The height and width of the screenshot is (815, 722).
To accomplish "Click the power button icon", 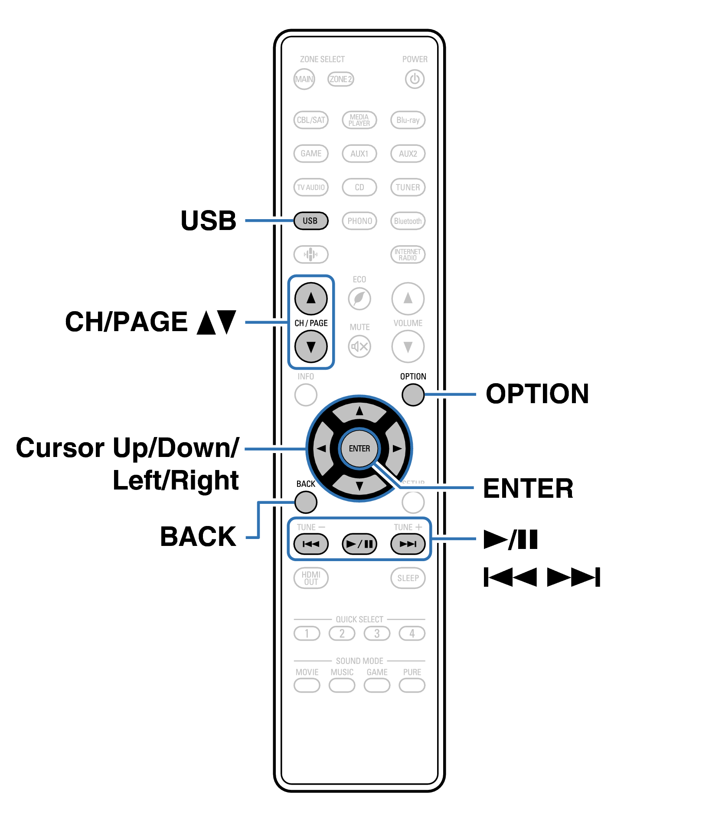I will pyautogui.click(x=414, y=79).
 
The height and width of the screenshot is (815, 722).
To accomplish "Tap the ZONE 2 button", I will pyautogui.click(x=340, y=79).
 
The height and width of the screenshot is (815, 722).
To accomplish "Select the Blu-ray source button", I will pyautogui.click(x=408, y=120).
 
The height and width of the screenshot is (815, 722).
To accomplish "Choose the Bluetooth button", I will pyautogui.click(x=408, y=221).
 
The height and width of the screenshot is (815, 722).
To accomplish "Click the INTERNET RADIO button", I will pyautogui.click(x=408, y=255).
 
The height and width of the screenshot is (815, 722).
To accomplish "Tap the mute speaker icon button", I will pyautogui.click(x=359, y=346).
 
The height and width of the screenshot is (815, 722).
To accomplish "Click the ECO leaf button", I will pyautogui.click(x=359, y=299).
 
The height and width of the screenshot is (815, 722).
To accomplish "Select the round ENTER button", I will pyautogui.click(x=359, y=448).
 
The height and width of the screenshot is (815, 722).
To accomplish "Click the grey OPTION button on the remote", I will pyautogui.click(x=413, y=395).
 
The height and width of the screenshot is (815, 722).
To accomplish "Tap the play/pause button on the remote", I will pyautogui.click(x=359, y=544).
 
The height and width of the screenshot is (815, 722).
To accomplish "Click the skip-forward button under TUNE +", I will pyautogui.click(x=408, y=544).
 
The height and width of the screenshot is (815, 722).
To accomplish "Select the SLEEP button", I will pyautogui.click(x=408, y=578).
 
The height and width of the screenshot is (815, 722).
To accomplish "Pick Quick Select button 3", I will pyautogui.click(x=377, y=634).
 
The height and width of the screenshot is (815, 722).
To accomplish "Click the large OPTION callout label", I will pyautogui.click(x=537, y=394).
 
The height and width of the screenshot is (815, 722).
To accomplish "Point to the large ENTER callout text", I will pyautogui.click(x=528, y=489).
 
